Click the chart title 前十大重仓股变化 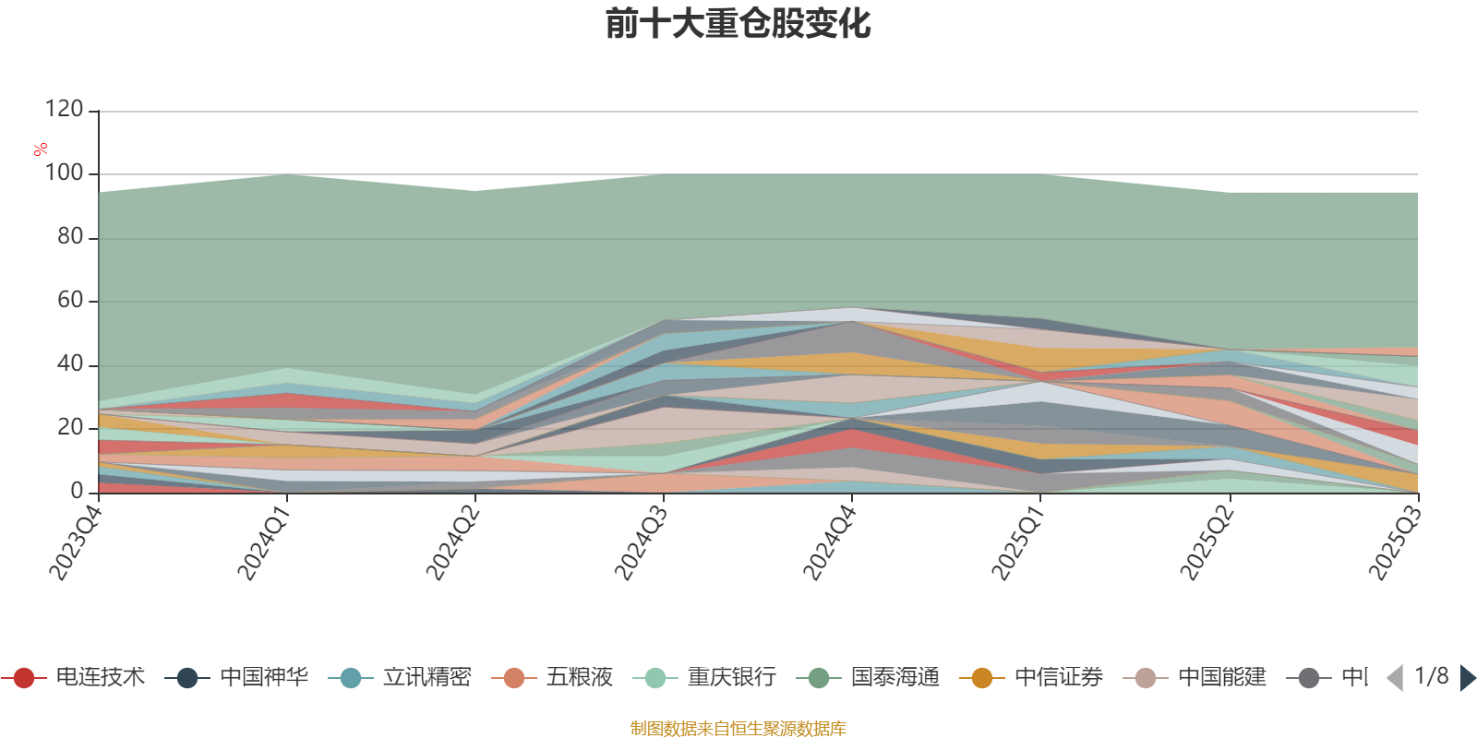click(738, 24)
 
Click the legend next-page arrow click(1467, 678)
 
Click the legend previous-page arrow click(1395, 678)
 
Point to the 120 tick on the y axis click(64, 110)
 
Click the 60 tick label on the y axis click(70, 301)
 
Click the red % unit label click(41, 149)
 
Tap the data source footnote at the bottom click(738, 729)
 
